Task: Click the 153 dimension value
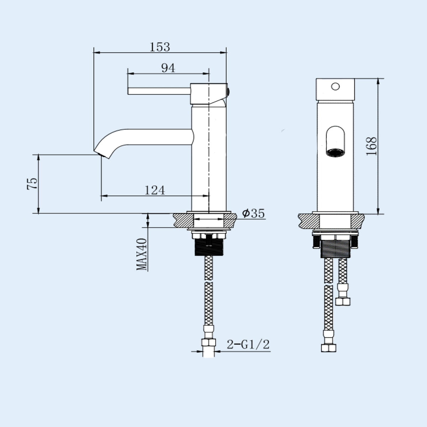pos(160,47)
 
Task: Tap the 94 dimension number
pos(168,68)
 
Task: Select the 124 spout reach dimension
pos(155,190)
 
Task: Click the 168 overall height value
pos(371,146)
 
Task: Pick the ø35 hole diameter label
pos(253,213)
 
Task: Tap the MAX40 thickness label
pos(142,254)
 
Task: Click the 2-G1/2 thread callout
pos(248,344)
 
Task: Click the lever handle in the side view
pos(159,91)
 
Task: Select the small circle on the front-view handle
pos(335,86)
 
